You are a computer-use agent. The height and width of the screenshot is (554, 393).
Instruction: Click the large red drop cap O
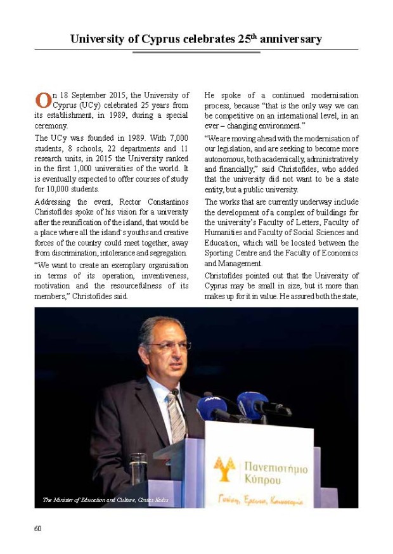[42, 100]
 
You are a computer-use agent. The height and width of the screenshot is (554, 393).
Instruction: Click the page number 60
[38, 528]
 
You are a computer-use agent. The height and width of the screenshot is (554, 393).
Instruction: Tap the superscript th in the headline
[252, 36]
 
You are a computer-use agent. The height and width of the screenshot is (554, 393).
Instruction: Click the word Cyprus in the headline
[153, 39]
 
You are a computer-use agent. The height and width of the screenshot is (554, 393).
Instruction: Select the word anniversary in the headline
[290, 39]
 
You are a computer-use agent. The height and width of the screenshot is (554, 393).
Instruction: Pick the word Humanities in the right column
[225, 233]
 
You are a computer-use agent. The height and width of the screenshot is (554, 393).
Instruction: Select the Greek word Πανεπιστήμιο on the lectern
[276, 468]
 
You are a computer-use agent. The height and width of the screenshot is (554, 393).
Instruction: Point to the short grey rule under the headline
[196, 53]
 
